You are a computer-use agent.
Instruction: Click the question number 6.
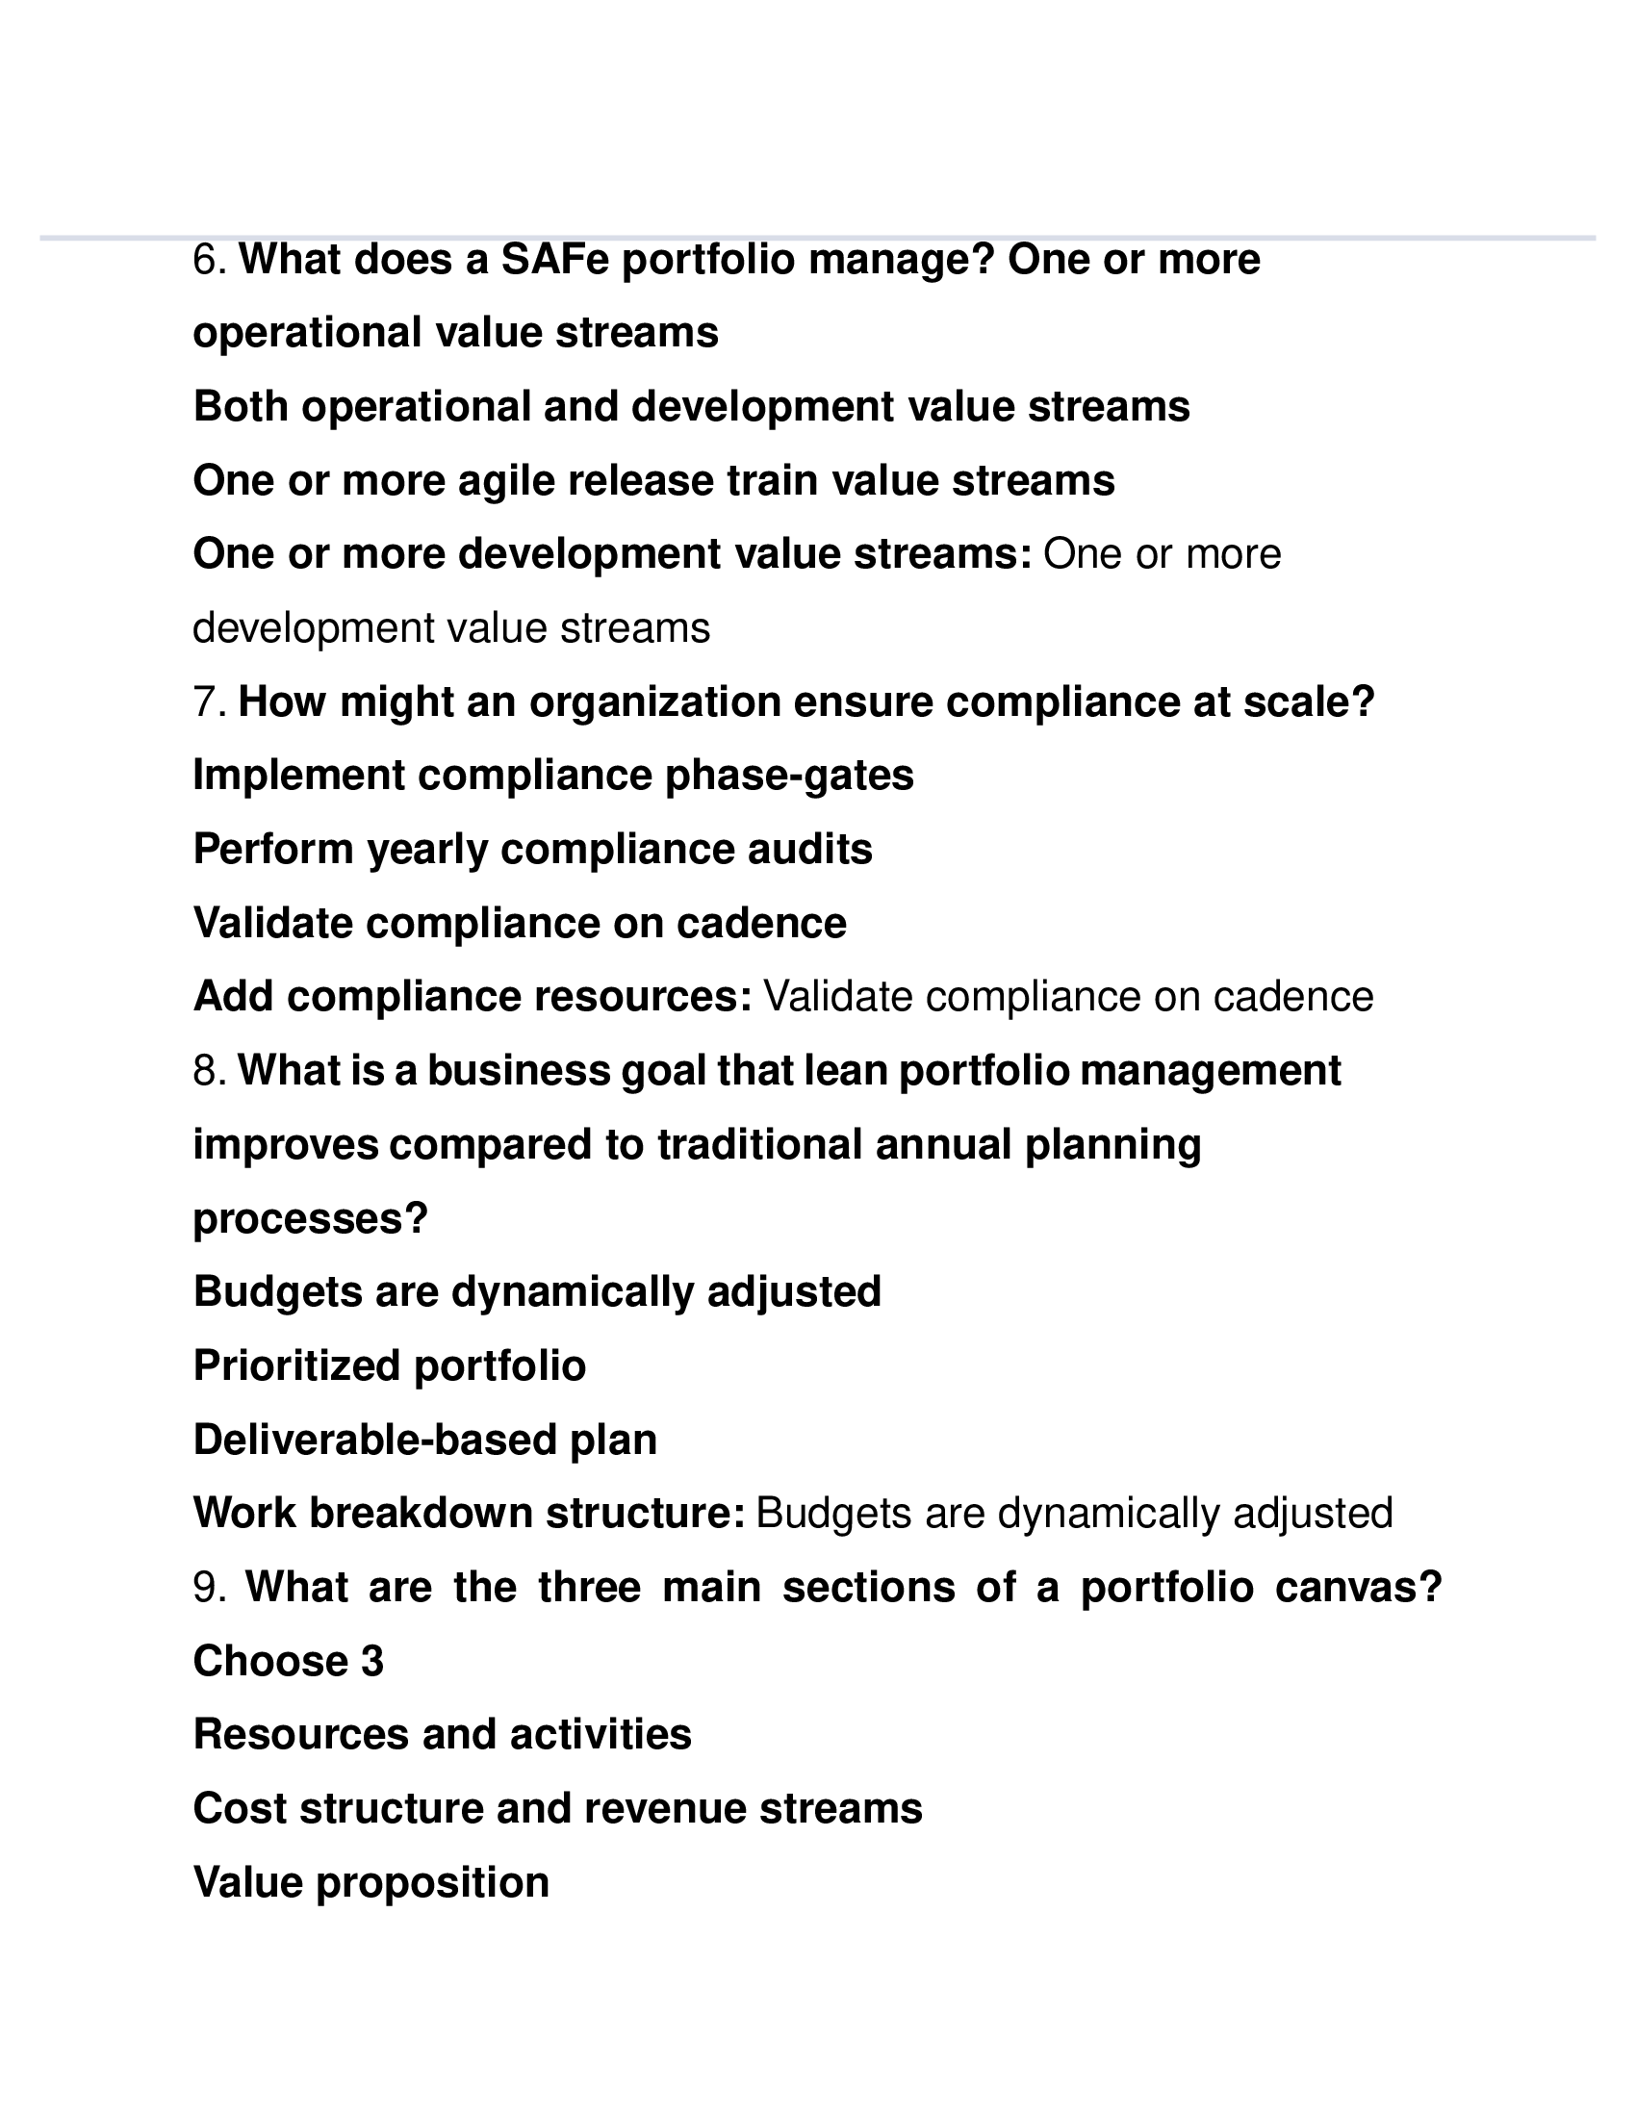(208, 260)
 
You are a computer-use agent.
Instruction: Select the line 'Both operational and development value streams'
(691, 407)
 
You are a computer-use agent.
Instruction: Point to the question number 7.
(208, 701)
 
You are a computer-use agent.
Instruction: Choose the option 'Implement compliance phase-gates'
(552, 776)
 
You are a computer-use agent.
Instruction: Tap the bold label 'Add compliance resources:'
(472, 998)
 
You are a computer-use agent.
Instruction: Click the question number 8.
(208, 1071)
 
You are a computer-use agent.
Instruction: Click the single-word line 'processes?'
(310, 1218)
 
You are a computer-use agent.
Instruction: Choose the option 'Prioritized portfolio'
(390, 1366)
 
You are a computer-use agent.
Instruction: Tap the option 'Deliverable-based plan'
(424, 1441)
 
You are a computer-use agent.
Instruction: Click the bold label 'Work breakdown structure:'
(469, 1514)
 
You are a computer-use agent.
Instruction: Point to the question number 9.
(208, 1588)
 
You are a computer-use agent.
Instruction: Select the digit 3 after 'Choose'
(372, 1662)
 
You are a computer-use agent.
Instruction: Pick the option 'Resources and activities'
(442, 1735)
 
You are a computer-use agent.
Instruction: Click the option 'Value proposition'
(371, 1882)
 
